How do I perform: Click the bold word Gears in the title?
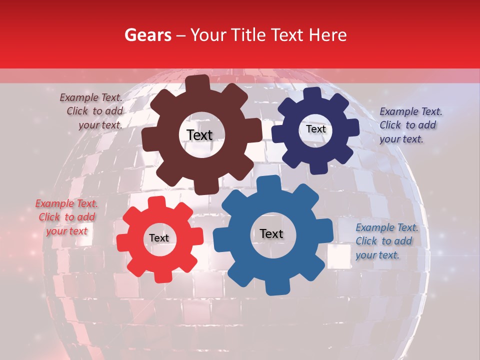[148, 35]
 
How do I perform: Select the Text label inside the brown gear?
[199, 135]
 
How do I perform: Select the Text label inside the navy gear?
[315, 129]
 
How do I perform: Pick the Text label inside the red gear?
[159, 238]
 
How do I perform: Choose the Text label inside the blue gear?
[271, 233]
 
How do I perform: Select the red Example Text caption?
[67, 217]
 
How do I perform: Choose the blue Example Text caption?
[386, 241]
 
